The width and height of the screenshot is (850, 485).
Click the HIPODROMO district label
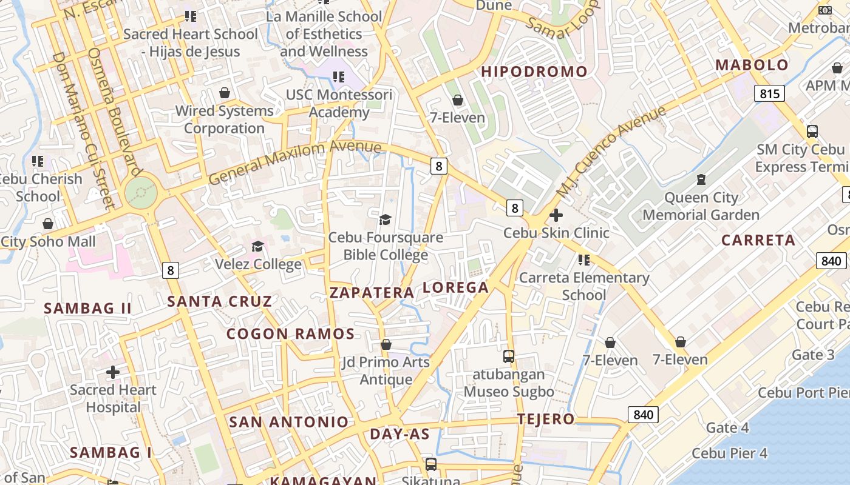[534, 72]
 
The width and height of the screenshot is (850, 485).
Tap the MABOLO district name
[752, 65]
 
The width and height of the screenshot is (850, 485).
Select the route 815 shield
[769, 93]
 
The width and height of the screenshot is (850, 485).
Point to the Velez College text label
[258, 264]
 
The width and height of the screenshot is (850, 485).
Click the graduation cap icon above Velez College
[258, 246]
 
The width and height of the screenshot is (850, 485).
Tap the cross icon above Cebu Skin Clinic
[556, 215]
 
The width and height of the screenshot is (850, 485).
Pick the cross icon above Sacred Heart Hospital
[113, 372]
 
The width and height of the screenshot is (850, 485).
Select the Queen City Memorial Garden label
[701, 206]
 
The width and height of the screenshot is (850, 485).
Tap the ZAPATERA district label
[372, 293]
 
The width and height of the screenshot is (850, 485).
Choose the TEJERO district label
[545, 419]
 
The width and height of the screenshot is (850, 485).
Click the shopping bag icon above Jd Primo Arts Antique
[386, 344]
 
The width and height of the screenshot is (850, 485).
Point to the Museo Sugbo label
[509, 392]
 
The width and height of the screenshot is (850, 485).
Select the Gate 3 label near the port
[813, 355]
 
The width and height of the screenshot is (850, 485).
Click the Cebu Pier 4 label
[729, 453]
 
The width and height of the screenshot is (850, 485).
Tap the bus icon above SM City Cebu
[812, 131]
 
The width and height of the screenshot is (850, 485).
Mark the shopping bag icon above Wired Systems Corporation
[225, 93]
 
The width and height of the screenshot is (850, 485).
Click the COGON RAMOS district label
[290, 334]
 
